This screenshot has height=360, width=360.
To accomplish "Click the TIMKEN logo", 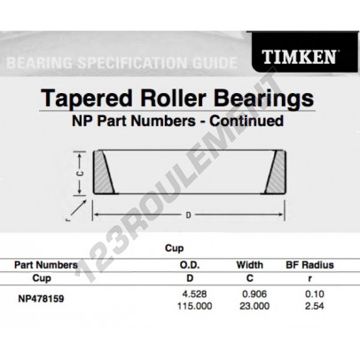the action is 299,57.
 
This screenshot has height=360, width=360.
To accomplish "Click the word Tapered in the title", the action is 86,98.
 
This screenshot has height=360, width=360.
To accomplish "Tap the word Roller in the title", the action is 173,98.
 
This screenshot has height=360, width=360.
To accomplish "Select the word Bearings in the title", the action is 263,99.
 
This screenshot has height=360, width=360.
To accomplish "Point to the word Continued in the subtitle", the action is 247,121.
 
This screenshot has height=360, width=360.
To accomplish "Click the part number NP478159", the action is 41,299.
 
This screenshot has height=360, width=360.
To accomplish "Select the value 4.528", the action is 195,294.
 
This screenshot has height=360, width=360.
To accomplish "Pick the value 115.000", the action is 195,306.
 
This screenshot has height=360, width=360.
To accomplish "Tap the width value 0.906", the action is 254,294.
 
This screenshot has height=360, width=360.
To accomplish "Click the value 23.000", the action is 254,306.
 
